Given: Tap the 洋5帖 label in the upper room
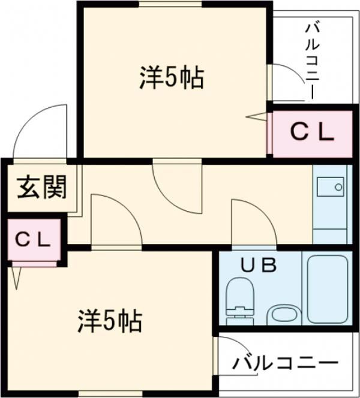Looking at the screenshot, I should click(172, 78).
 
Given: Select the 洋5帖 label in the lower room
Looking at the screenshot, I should click(109, 322).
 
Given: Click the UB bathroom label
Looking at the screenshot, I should click(259, 264).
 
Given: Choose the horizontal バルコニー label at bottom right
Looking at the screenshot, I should click(286, 363).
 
